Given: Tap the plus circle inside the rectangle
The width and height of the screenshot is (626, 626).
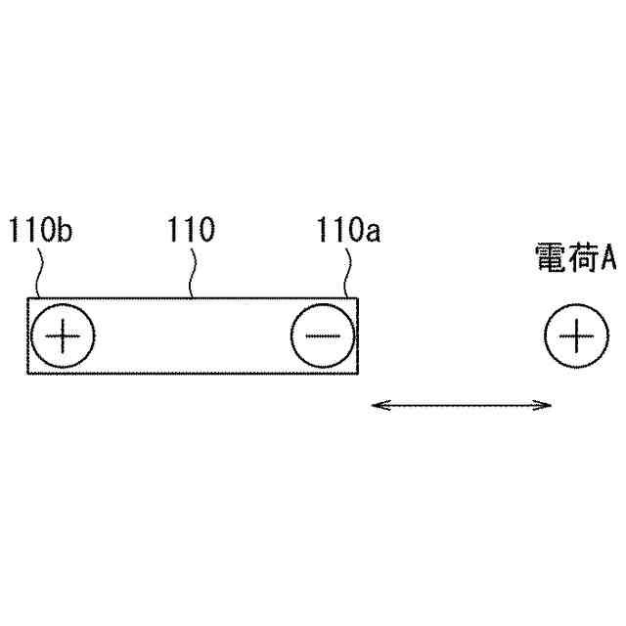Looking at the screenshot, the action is (64, 337).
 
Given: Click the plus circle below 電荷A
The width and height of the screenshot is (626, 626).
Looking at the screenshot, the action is (576, 337).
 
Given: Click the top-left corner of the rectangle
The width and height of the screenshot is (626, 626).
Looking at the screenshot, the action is (27, 297).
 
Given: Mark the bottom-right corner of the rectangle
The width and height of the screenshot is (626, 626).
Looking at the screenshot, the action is (359, 374).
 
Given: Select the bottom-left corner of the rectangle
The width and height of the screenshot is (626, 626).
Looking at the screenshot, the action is (27, 374).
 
